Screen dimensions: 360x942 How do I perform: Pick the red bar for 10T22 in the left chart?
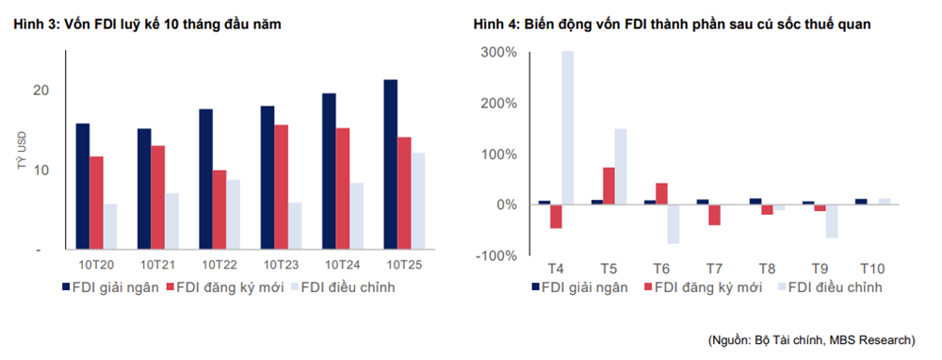point(219,209)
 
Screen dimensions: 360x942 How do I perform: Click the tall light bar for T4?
point(568,127)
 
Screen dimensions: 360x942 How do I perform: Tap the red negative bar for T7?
point(714,215)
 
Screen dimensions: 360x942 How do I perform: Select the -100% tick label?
point(496,255)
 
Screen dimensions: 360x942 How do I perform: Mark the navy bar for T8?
point(755,202)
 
